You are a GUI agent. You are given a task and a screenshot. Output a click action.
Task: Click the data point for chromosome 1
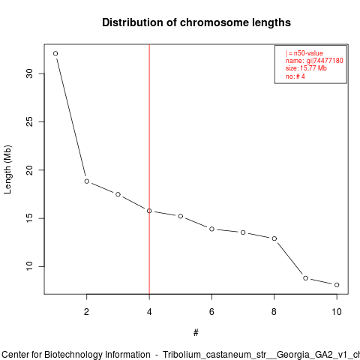click(x=55, y=53)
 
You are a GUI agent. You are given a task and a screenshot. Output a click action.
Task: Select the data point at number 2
click(x=87, y=181)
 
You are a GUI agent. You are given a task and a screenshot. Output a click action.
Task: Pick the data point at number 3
click(x=118, y=194)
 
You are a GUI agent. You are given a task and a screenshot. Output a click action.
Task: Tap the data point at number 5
click(x=181, y=216)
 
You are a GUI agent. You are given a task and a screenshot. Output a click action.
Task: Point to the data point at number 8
click(x=274, y=238)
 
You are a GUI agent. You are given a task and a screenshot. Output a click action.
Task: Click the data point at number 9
click(x=305, y=278)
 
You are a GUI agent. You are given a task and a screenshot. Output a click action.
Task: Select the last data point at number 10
click(x=337, y=285)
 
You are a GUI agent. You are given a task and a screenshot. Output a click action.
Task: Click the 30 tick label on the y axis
click(x=29, y=73)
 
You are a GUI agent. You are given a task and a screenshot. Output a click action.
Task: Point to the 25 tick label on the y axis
click(x=29, y=121)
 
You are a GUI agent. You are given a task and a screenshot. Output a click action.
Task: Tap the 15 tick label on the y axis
click(x=29, y=218)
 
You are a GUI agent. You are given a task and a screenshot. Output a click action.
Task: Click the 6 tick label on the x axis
click(x=211, y=312)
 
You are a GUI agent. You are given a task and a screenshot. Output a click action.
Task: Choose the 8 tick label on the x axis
click(x=274, y=312)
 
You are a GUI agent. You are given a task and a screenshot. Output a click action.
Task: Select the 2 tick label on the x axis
click(x=86, y=312)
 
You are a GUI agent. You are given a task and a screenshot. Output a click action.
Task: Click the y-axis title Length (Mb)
click(x=7, y=169)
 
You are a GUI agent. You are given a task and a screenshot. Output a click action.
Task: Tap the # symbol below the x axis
click(x=196, y=333)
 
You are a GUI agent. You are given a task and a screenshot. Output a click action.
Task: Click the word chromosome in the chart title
click(x=214, y=22)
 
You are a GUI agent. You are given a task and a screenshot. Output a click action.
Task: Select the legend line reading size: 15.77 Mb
click(x=306, y=68)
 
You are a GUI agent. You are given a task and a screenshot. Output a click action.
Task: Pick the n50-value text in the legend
click(x=308, y=53)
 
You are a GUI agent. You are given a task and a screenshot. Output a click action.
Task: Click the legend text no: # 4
click(x=295, y=76)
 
